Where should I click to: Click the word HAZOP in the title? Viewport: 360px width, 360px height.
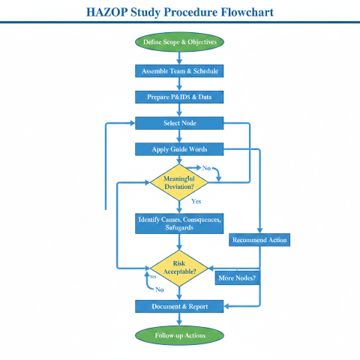(x=112, y=12)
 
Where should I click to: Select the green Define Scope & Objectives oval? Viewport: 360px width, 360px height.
(x=179, y=42)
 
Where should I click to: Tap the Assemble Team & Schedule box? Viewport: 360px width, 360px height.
(x=179, y=71)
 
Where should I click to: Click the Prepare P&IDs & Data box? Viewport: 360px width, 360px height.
(x=179, y=97)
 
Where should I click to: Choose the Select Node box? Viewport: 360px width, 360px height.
(x=179, y=123)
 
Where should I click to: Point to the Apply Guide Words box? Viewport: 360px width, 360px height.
(x=179, y=149)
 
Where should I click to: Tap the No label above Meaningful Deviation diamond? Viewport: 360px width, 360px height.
(x=206, y=168)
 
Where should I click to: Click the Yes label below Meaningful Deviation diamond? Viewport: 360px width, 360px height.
(x=196, y=202)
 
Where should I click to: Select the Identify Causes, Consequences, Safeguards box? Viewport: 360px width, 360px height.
(x=179, y=223)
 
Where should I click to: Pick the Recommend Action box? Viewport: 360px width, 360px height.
(x=259, y=240)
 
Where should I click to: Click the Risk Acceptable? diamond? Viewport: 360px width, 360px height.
(x=179, y=268)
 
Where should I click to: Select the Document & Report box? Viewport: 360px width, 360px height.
(x=179, y=306)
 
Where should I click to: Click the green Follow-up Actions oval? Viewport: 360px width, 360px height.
(x=179, y=334)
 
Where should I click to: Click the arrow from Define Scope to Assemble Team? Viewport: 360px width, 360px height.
(x=179, y=57)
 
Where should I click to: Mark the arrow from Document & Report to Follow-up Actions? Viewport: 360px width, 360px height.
(x=179, y=319)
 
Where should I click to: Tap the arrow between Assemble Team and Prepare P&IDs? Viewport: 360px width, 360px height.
(x=179, y=84)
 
